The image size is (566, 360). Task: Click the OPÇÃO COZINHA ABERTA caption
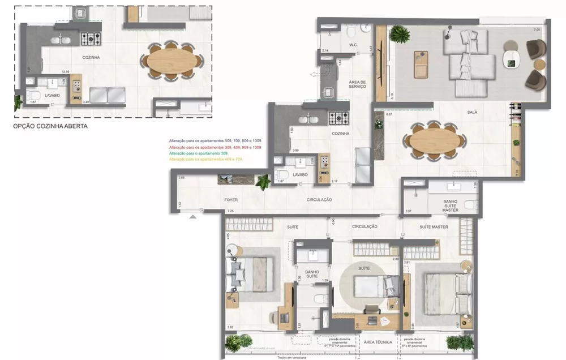click(50, 127)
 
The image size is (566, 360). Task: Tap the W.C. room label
click(353, 45)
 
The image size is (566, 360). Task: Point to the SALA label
click(471, 112)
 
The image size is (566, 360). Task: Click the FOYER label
click(230, 200)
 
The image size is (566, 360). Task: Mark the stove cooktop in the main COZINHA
click(340, 118)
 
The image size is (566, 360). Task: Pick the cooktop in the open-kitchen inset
click(91, 39)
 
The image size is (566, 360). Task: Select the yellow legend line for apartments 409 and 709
click(207, 159)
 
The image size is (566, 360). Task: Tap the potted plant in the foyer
click(263, 182)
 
